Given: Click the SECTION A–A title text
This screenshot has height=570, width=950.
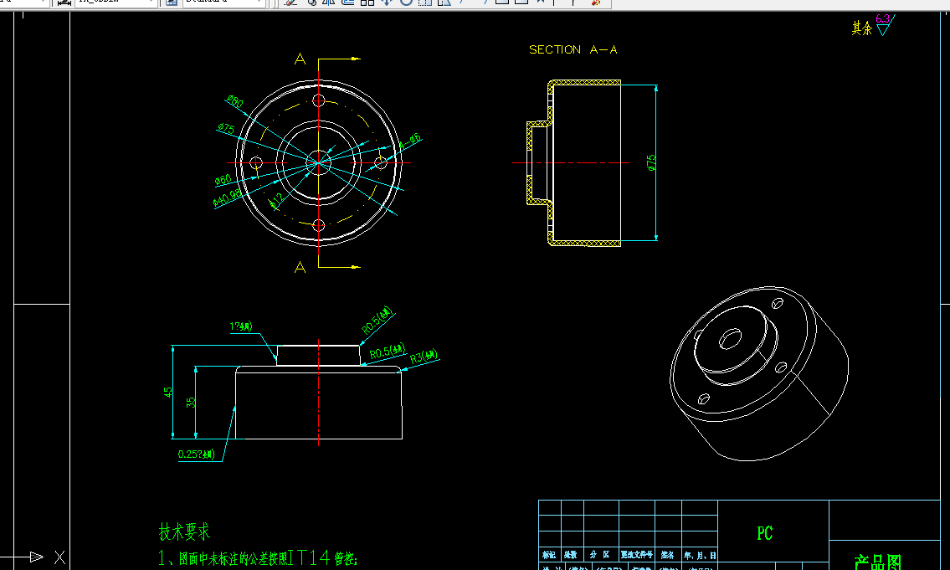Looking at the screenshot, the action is pyautogui.click(x=573, y=50).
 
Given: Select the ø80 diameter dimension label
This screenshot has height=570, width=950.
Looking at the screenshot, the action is pyautogui.click(x=234, y=102).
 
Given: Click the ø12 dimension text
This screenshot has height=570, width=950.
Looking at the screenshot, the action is pyautogui.click(x=276, y=201).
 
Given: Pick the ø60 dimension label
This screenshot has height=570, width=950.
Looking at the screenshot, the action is pyautogui.click(x=223, y=179).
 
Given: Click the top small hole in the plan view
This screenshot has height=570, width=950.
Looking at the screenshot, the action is pyautogui.click(x=318, y=100).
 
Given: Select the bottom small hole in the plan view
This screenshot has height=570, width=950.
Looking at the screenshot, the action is pyautogui.click(x=318, y=224).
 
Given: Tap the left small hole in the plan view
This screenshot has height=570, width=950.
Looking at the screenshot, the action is pyautogui.click(x=257, y=162).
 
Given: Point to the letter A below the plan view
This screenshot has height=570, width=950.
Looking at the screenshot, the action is pyautogui.click(x=300, y=267).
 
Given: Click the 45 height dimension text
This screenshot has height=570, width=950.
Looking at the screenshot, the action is pyautogui.click(x=169, y=393).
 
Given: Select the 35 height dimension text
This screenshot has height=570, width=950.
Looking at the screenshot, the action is pyautogui.click(x=191, y=402).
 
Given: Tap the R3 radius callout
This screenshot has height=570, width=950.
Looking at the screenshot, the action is pyautogui.click(x=424, y=357).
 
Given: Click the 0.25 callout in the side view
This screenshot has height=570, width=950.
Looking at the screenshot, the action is pyautogui.click(x=197, y=454).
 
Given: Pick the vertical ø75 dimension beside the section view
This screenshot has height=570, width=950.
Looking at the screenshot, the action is pyautogui.click(x=651, y=163).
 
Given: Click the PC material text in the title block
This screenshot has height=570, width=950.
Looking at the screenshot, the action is pyautogui.click(x=764, y=533).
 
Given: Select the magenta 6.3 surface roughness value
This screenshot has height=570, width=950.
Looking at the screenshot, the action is pyautogui.click(x=882, y=18).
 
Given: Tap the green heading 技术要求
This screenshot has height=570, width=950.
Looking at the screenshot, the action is pyautogui.click(x=184, y=531).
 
